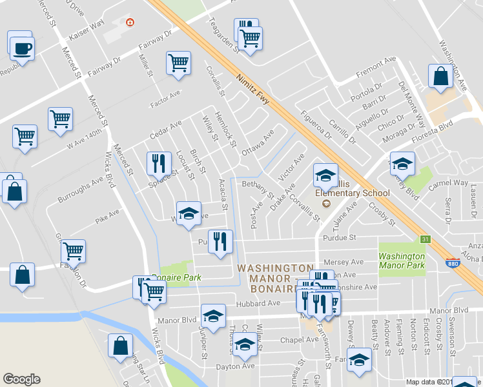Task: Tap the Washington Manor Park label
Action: coord(401,260)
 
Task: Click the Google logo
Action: coord(21,379)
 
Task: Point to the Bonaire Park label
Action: coord(178,277)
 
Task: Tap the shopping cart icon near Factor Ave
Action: coord(178,63)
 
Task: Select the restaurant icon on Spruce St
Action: coord(159,163)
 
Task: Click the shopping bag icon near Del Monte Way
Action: coord(440,75)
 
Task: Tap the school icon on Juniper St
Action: coord(213,316)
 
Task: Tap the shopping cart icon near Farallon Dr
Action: coord(74,252)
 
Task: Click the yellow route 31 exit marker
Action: coord(425,239)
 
